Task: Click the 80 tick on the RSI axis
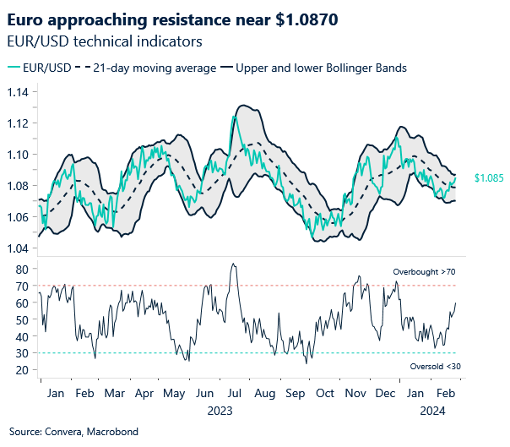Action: (22, 269)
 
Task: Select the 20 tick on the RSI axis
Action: (22, 370)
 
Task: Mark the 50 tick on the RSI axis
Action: (22, 319)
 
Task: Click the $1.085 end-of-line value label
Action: (488, 178)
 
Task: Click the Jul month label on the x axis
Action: (233, 394)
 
